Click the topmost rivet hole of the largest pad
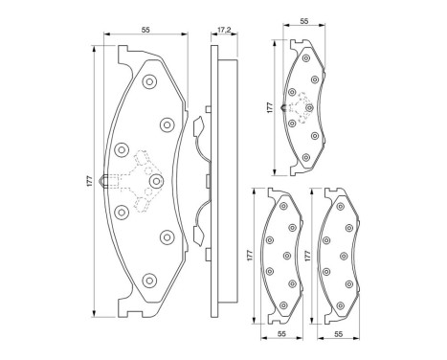149,82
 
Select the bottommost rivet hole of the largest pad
149,280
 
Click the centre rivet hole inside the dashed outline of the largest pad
154,180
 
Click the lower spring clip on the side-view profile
197,232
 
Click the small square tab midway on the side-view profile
207,180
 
